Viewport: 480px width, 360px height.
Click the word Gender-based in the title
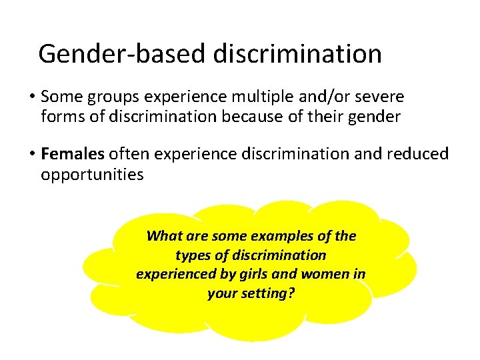[x=123, y=53]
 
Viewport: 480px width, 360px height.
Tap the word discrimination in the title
[x=298, y=53]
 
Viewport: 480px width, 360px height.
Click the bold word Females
[x=73, y=155]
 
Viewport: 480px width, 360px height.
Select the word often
[x=128, y=155]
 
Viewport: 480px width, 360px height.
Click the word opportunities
[x=92, y=175]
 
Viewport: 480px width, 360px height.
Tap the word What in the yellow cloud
[x=163, y=236]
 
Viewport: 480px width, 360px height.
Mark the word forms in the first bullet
[x=61, y=117]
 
